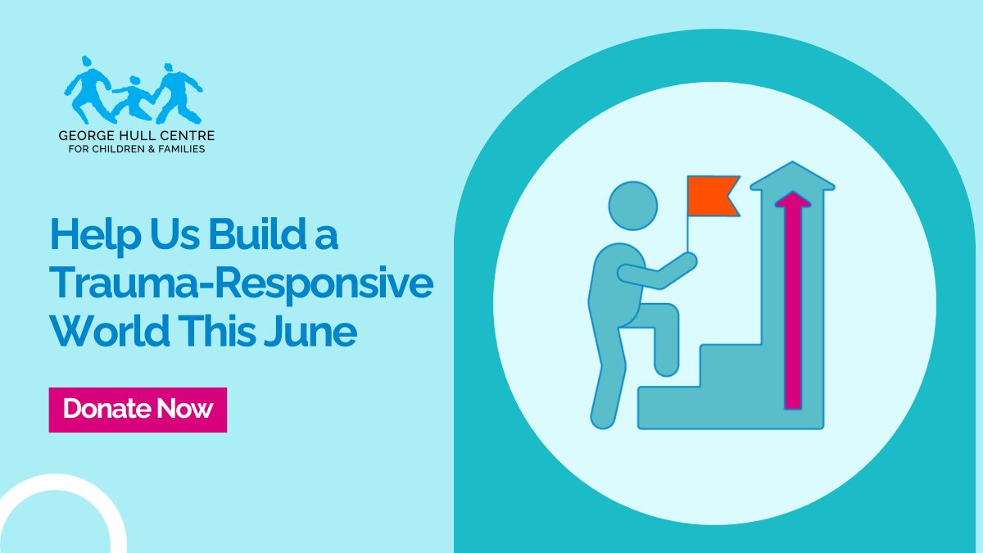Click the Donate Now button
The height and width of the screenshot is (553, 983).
(138, 410)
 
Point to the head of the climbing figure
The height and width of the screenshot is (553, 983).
(633, 206)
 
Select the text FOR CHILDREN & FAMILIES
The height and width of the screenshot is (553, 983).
(136, 149)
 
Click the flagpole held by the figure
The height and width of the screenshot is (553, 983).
(688, 233)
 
